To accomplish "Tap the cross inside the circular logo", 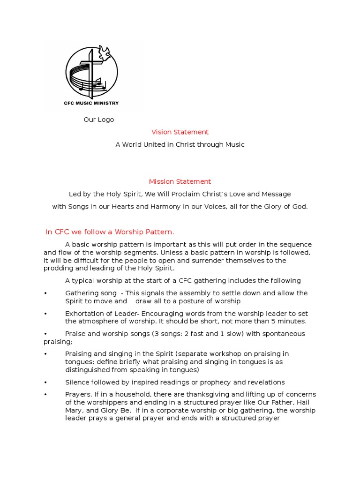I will pyautogui.click(x=92, y=70).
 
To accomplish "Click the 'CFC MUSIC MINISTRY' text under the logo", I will pyautogui.click(x=91, y=103).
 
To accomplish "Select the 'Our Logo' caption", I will pyautogui.click(x=99, y=120).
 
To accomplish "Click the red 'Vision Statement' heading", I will pyautogui.click(x=180, y=132).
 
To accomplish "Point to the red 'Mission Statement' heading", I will pyautogui.click(x=180, y=181).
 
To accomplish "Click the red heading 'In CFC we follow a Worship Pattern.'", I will pyautogui.click(x=110, y=232).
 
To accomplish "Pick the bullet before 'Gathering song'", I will pyautogui.click(x=45, y=293).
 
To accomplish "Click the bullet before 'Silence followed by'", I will pyautogui.click(x=45, y=382).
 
